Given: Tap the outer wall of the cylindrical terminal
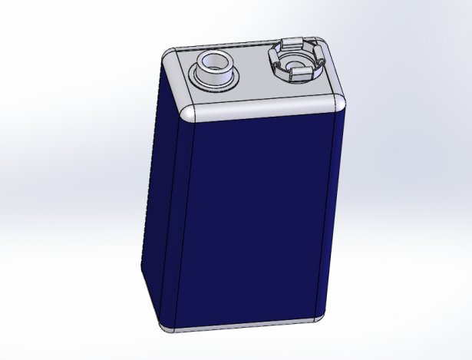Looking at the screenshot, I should click(x=216, y=77).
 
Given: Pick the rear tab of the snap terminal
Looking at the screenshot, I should click(x=292, y=42).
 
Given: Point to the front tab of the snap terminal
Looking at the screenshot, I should click(x=299, y=74).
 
